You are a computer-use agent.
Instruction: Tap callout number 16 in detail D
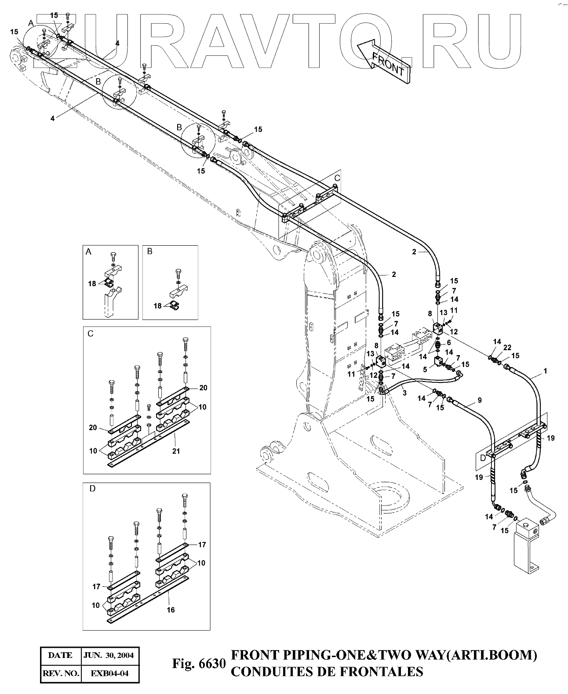(x=171, y=610)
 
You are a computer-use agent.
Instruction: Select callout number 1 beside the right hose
(x=545, y=371)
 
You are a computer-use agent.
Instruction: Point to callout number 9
(x=480, y=400)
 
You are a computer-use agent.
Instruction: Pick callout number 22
(x=507, y=347)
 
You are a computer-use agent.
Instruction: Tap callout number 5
(x=425, y=369)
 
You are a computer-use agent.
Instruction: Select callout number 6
(x=449, y=343)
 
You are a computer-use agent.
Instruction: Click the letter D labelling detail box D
(x=92, y=489)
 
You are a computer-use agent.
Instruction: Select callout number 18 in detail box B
(x=157, y=306)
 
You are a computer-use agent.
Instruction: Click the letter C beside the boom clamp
(x=337, y=178)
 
